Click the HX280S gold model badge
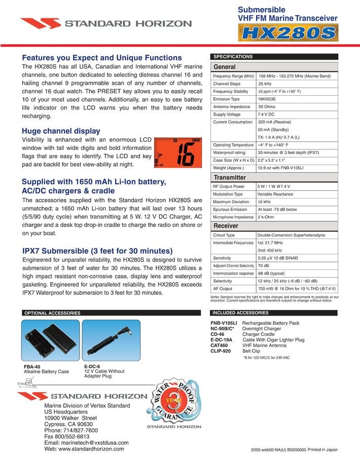(x=288, y=32)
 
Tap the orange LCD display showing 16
(x=178, y=152)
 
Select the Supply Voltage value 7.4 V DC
(x=266, y=114)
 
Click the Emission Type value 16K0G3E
(x=267, y=99)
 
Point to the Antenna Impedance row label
(x=232, y=107)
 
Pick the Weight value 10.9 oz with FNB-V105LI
(x=280, y=168)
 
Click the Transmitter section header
(x=230, y=177)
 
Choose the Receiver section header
(x=226, y=226)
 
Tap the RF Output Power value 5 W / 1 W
(x=274, y=186)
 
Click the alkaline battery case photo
(x=51, y=340)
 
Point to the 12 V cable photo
(x=111, y=340)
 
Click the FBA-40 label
(x=32, y=367)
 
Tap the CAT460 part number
(x=219, y=345)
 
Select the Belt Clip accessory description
(x=251, y=351)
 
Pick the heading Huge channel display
(x=61, y=131)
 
